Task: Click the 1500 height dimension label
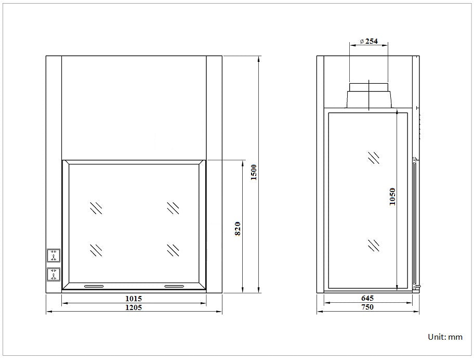pos(254,172)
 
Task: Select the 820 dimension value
pos(238,228)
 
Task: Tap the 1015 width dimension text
pos(134,299)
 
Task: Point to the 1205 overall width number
pos(134,307)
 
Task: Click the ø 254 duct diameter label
pos(368,41)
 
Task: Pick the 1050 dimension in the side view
pos(392,197)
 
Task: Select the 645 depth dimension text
pos(367,299)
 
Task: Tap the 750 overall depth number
pos(367,307)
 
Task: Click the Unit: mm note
pos(445,337)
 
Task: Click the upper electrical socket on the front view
pos(54,255)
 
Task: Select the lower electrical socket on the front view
pos(54,274)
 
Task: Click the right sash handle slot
pos(174,286)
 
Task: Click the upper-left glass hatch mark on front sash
pos(96,208)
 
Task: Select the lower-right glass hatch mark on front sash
pos(173,250)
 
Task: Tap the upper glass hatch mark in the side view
pos(373,158)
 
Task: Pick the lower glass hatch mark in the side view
pos(373,245)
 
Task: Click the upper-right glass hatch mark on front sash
pos(173,208)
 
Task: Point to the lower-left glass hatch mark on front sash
pos(96,250)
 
